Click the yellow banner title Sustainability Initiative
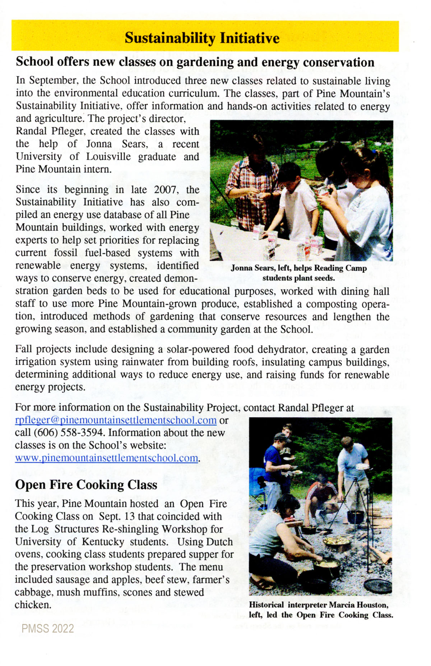(202, 38)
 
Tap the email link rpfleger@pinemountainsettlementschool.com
(116, 420)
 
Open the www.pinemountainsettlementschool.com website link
(107, 458)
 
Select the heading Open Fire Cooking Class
(86, 485)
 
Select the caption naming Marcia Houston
(320, 610)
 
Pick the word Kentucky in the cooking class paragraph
(103, 542)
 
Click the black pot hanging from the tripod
(356, 516)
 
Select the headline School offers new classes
(195, 62)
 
